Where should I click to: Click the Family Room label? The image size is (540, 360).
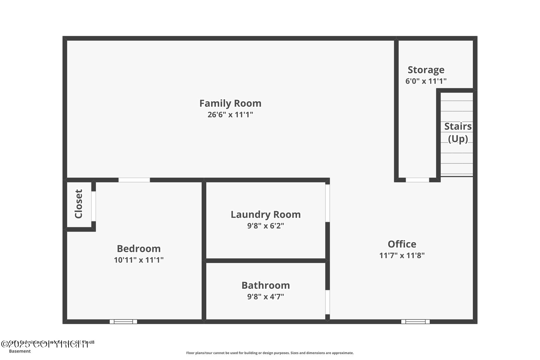coord(230,103)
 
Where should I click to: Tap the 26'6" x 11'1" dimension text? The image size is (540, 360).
coord(230,114)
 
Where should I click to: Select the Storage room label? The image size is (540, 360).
coord(426,70)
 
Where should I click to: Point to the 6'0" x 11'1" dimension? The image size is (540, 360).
coord(426,81)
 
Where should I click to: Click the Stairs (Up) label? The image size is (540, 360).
coord(458,132)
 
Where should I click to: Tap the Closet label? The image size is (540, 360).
coord(78,204)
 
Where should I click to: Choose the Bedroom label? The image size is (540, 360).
coord(139,249)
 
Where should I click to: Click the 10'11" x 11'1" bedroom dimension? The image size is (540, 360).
coord(139,260)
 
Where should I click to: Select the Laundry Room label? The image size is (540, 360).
coord(266,214)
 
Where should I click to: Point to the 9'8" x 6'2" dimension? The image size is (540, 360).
coord(266,226)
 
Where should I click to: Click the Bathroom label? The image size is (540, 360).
coord(266,285)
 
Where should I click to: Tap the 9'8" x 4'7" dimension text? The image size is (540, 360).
coord(266,297)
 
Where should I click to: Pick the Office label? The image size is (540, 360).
coord(402,244)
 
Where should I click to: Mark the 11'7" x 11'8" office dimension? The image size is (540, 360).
coord(402,255)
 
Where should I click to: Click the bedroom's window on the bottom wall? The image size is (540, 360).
coord(123,322)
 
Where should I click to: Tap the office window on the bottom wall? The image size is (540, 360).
coord(415,322)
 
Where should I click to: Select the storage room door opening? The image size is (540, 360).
coord(417,180)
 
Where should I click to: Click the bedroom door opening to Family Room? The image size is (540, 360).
coord(134,180)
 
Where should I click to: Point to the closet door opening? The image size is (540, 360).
coord(93,206)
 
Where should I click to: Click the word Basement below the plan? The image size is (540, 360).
coord(20,351)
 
